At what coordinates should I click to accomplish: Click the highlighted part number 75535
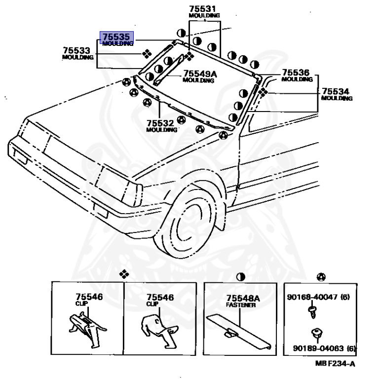pyautogui.click(x=116, y=37)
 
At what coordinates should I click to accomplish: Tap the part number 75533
pyautogui.click(x=76, y=50)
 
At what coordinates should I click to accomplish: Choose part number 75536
pyautogui.click(x=296, y=73)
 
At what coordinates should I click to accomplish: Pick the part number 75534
pyautogui.click(x=336, y=91)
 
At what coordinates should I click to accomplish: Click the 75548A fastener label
pyautogui.click(x=243, y=298)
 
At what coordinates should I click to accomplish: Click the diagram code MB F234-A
pyautogui.click(x=335, y=364)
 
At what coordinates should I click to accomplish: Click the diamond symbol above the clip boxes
pyautogui.click(x=123, y=274)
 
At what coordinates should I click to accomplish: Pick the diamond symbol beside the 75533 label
pyautogui.click(x=147, y=54)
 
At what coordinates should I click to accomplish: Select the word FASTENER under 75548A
pyautogui.click(x=241, y=305)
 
